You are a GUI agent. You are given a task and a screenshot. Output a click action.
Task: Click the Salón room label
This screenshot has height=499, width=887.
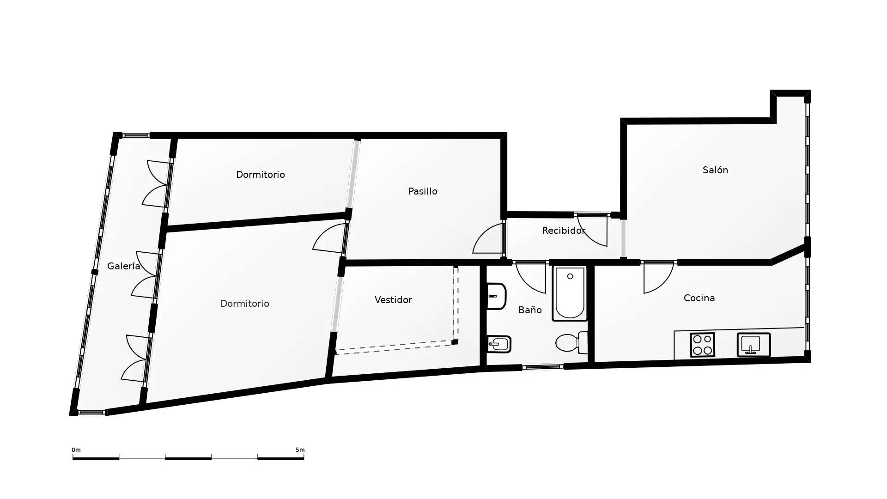coord(715,170)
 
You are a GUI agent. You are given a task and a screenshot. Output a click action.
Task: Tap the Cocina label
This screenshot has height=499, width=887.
coord(699,298)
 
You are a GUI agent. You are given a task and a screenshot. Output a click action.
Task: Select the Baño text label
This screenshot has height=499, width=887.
coord(530,310)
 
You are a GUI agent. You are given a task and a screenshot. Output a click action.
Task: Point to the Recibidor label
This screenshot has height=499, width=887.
coord(564,231)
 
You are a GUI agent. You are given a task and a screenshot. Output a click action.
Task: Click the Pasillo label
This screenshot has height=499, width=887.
coord(423,191)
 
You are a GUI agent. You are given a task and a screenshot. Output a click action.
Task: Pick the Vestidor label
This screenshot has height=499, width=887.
coord(393,300)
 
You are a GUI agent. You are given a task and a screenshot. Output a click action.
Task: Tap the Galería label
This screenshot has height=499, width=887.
coord(123,266)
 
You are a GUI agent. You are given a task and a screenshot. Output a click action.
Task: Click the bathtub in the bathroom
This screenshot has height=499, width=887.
coord(570,293)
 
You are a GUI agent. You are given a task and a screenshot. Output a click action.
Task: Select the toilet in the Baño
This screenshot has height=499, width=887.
coord(572,342)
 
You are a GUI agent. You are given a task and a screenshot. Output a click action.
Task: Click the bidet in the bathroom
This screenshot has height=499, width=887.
coord(499,344)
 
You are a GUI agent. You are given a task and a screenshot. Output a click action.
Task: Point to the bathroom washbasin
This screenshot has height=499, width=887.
coord(497,296)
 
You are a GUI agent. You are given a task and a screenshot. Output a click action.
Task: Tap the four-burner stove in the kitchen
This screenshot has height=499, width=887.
coord(702,345)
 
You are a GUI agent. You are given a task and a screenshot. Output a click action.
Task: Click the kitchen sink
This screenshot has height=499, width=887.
coord(753,345)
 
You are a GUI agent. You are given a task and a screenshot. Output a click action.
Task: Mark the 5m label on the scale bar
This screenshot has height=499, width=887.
coord(300,450)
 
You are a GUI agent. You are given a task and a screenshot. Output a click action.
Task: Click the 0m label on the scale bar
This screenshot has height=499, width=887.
coord(76,450)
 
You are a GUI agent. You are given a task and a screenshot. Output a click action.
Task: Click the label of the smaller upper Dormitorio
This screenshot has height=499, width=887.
coord(260,175)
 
